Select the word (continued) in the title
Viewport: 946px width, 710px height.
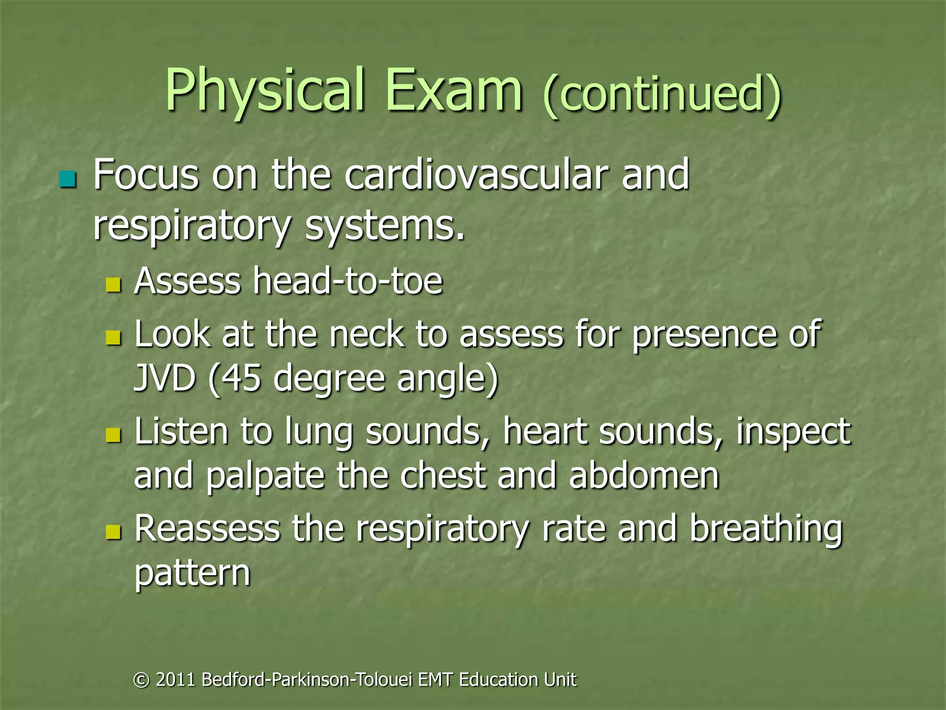[x=662, y=95]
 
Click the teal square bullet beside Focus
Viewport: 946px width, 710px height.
[x=68, y=179]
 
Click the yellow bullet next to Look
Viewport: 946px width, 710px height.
[x=113, y=337]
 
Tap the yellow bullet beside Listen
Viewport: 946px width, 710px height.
[x=113, y=435]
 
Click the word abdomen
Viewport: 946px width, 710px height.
[x=644, y=476]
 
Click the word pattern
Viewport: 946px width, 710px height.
[x=192, y=573]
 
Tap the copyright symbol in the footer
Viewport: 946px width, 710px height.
[x=141, y=680]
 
